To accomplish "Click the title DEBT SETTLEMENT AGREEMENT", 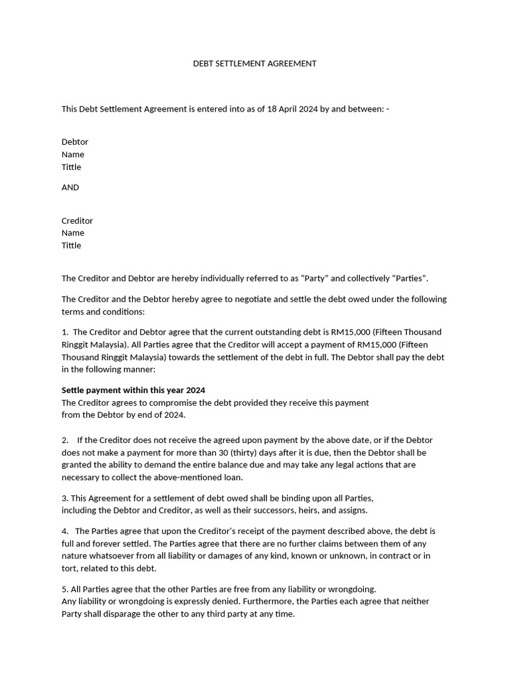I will (x=254, y=64).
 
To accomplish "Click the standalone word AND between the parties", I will (x=70, y=187).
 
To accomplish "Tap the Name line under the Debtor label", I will (x=73, y=155).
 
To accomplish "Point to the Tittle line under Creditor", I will (x=72, y=246).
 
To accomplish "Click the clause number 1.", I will (x=64, y=332).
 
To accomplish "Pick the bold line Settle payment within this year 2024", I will (x=138, y=390).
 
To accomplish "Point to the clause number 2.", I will (x=64, y=440).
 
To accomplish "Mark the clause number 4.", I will (x=64, y=531).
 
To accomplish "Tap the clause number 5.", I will (x=64, y=589).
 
